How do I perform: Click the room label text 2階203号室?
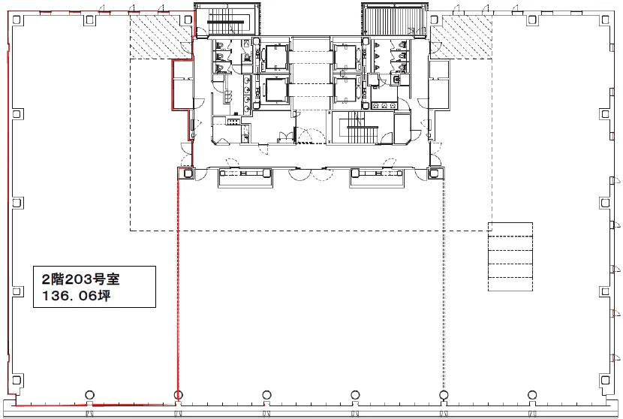click(80, 279)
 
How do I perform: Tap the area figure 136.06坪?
click(77, 296)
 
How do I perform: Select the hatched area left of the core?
click(161, 38)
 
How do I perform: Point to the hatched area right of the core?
click(461, 38)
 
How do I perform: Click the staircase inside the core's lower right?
click(362, 128)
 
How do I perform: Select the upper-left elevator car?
click(276, 57)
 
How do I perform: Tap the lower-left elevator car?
click(276, 90)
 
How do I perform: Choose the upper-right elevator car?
click(345, 57)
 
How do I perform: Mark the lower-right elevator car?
click(345, 90)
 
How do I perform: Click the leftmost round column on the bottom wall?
click(90, 395)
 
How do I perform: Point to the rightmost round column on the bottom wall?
click(532, 395)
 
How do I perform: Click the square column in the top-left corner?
click(17, 20)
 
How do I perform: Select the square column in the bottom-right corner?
click(605, 381)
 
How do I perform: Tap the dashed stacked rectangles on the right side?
click(510, 257)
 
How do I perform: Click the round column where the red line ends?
click(179, 395)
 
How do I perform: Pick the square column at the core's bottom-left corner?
click(187, 173)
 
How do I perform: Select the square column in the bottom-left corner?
click(17, 381)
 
